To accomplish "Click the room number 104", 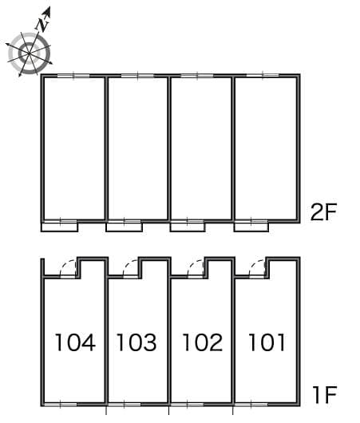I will click(75, 343).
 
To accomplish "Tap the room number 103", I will click(136, 343).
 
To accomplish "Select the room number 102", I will click(202, 343).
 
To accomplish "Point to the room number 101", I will click(266, 343).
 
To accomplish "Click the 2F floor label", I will click(325, 212).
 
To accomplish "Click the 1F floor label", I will click(325, 393).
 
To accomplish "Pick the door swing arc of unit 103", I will click(132, 268).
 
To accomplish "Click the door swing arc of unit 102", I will click(196, 268).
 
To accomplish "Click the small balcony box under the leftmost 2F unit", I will click(59, 227).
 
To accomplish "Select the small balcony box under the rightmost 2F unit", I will click(251, 227).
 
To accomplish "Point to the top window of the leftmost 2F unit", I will click(74, 77).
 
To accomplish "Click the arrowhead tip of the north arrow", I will click(49, 9).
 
